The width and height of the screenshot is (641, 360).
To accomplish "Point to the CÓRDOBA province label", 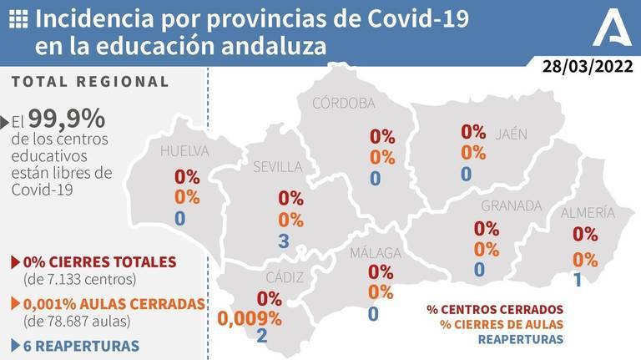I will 343,103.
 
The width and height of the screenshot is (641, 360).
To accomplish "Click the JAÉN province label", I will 511,134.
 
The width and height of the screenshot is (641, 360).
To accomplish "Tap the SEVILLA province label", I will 277,167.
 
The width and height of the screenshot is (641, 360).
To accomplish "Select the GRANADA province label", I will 512,205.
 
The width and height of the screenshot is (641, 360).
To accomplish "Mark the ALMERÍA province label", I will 588,212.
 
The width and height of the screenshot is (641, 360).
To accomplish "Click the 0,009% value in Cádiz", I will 250,317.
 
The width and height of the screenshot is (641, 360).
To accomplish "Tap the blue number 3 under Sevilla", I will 284,241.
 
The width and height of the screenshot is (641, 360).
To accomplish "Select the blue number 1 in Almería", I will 578,279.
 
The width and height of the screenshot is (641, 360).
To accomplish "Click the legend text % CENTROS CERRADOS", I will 495,308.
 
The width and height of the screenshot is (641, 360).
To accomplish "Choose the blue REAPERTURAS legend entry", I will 520,340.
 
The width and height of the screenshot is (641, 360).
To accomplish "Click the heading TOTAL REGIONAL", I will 91,82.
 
